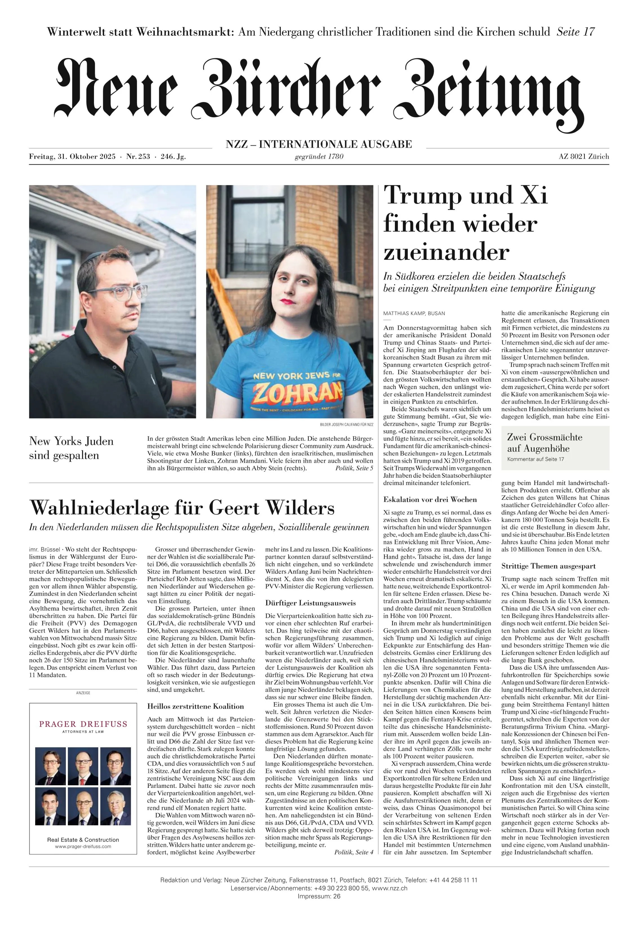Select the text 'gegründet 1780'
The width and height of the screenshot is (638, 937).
[319, 156]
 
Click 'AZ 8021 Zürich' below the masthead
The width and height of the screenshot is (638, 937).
[584, 157]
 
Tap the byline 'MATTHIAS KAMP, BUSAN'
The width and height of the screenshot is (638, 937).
[414, 313]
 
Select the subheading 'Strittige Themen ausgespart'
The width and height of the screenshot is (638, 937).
[549, 566]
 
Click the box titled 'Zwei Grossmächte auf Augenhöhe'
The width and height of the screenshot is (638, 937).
[555, 448]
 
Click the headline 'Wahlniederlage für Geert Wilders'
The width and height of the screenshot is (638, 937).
[182, 507]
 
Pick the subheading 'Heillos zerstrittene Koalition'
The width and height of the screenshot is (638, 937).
[196, 706]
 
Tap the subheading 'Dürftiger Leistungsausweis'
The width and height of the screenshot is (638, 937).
[310, 603]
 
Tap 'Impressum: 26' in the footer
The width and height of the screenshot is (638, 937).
[319, 907]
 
